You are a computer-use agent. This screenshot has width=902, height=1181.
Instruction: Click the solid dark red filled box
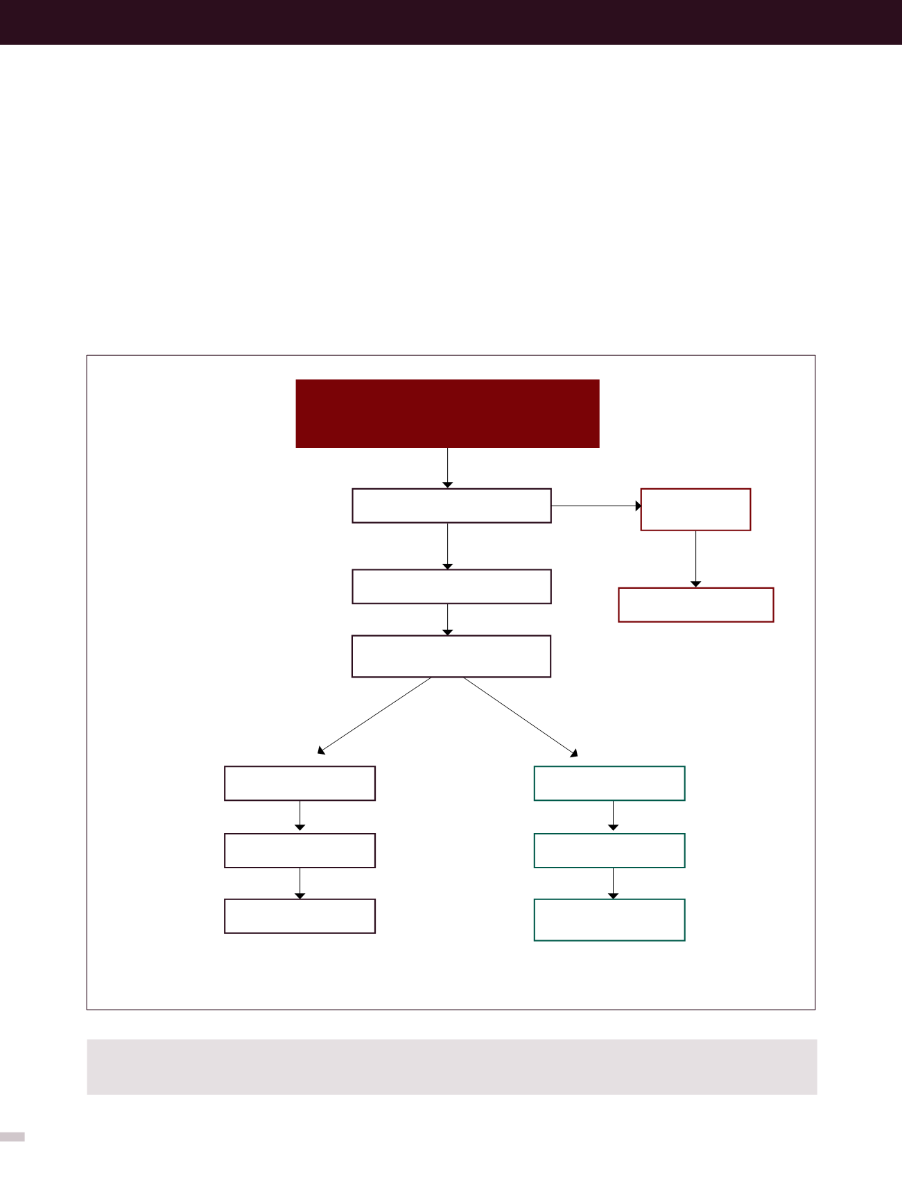(447, 413)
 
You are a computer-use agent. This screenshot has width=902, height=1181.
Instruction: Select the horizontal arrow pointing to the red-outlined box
(596, 506)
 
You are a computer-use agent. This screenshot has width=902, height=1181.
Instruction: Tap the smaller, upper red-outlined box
(695, 510)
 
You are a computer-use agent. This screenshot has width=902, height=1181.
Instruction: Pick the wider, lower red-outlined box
(695, 605)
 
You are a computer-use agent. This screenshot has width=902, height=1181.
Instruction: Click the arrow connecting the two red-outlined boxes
(695, 559)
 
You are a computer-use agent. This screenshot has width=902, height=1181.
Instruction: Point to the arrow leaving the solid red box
(448, 468)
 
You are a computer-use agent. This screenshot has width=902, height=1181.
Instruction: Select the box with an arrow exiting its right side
(451, 506)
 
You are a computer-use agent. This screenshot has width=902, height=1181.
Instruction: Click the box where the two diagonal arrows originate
(451, 656)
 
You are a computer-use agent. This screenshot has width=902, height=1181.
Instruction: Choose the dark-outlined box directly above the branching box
(451, 587)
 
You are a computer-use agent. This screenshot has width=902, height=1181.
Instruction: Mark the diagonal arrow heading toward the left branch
(374, 716)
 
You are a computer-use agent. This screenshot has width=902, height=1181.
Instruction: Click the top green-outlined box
(609, 784)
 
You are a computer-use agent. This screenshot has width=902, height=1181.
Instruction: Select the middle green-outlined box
(609, 851)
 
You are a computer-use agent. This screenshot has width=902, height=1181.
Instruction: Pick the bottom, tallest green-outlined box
(609, 920)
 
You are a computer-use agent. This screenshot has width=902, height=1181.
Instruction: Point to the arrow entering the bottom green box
(613, 883)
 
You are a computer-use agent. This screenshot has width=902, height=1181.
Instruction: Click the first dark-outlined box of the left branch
(300, 784)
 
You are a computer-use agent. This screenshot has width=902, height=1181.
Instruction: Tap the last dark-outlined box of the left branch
(300, 916)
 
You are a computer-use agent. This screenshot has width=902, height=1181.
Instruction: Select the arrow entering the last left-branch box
(300, 883)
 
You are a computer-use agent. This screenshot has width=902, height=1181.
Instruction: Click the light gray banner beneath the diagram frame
(451, 1067)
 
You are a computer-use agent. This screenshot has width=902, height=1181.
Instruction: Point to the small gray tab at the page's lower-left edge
(12, 1137)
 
